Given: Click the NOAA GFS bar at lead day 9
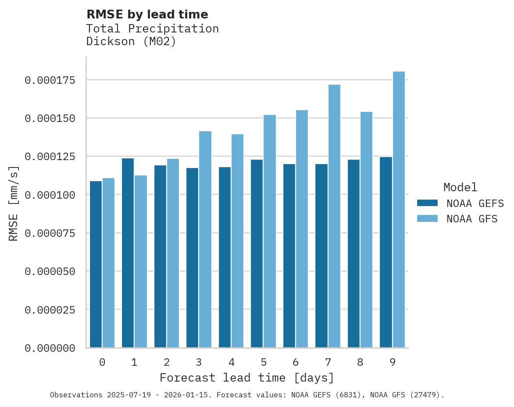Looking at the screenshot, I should [x=399, y=209].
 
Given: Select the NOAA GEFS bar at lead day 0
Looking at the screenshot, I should [x=96, y=264].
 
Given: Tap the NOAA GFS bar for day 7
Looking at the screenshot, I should [x=334, y=216].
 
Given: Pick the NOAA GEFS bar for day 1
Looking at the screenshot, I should [x=128, y=253].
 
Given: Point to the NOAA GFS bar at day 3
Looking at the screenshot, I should [x=205, y=239].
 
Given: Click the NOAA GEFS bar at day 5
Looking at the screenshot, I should [x=257, y=253].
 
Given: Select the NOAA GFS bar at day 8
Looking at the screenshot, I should [x=366, y=229].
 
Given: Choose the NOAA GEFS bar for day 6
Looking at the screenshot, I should [x=289, y=256].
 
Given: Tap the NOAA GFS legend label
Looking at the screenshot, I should [x=472, y=219].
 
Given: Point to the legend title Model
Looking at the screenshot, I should [x=460, y=188].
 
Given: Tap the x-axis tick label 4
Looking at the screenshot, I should [x=231, y=362].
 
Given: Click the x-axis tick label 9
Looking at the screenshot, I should [x=393, y=362].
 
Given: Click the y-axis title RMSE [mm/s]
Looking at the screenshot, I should [x=14, y=203].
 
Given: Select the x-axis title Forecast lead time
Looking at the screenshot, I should [x=247, y=378].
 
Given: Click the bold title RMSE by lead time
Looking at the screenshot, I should [x=147, y=14].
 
